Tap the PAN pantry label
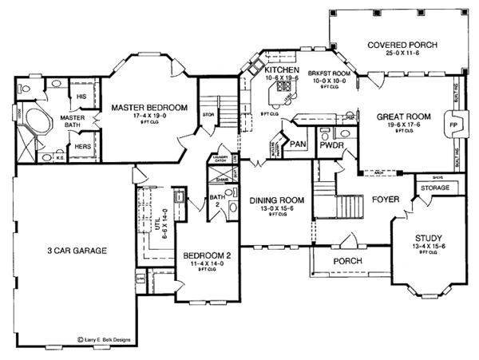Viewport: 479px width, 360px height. click(x=297, y=144)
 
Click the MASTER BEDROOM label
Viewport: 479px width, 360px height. click(x=149, y=106)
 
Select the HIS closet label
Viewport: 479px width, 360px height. click(x=81, y=97)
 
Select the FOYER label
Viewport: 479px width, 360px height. click(x=380, y=200)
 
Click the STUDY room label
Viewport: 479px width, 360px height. click(x=430, y=239)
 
